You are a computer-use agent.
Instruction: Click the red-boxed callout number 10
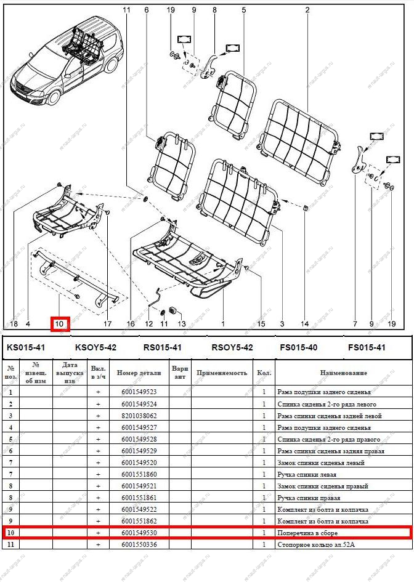tap(60, 323)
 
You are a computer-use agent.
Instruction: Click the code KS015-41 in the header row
tap(25, 348)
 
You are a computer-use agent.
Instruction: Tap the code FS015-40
tap(298, 348)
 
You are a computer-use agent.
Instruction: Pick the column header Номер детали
tap(139, 373)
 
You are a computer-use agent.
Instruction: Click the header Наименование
tap(343, 373)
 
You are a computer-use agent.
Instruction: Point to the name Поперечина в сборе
tap(307, 532)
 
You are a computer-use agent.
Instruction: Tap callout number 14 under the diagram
tap(304, 323)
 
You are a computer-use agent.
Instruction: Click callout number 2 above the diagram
tap(307, 10)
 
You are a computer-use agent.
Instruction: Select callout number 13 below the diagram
tap(181, 323)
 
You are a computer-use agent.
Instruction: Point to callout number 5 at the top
tap(243, 10)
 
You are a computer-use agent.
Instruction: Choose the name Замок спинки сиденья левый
tap(320, 462)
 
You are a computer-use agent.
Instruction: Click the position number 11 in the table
tap(9, 544)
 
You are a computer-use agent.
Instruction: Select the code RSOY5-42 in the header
tap(232, 348)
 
